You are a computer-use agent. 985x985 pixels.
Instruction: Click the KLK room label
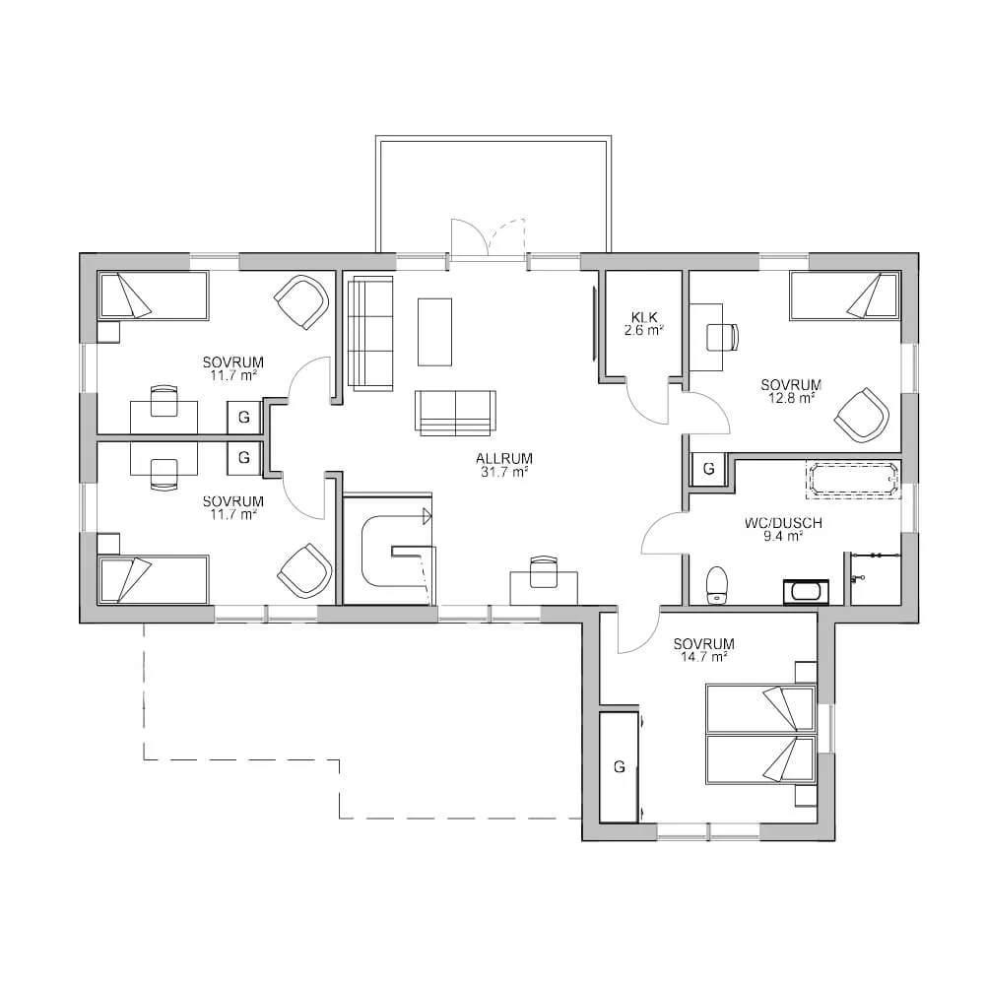(643, 317)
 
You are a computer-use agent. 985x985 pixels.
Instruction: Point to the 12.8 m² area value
(791, 398)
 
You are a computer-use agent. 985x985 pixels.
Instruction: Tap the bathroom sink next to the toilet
(806, 591)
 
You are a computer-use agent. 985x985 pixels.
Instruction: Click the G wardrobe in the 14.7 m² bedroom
(620, 766)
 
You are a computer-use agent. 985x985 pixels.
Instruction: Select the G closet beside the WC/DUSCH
(708, 470)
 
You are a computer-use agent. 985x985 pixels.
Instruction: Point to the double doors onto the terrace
(489, 241)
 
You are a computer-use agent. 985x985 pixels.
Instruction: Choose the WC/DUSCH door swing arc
(662, 536)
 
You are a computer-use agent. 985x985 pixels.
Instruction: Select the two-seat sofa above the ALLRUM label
(455, 412)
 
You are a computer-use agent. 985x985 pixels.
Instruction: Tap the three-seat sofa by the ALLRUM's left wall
(369, 333)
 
